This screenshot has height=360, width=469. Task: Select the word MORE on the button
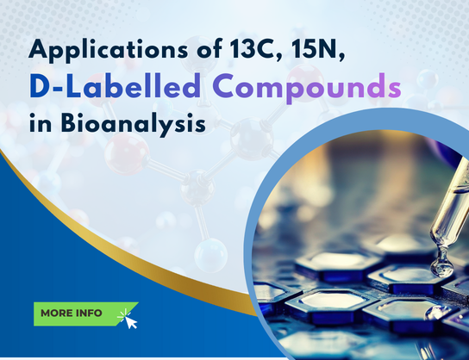click(59, 313)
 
